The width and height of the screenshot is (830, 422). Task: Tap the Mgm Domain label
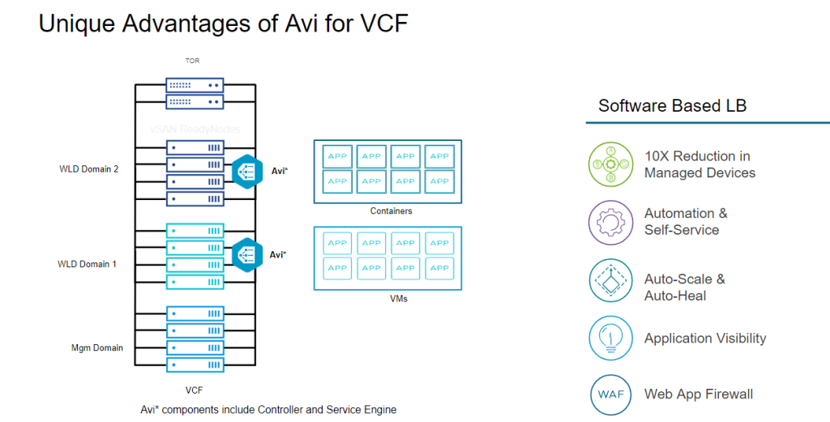[97, 347]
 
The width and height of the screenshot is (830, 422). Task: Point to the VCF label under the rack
[195, 390]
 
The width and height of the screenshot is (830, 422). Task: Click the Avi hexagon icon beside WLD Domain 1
[246, 254]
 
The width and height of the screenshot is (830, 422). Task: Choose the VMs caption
[387, 298]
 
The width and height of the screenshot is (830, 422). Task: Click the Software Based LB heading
[672, 106]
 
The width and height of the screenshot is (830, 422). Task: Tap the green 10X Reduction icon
[610, 164]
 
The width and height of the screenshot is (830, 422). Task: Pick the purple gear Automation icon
[610, 222]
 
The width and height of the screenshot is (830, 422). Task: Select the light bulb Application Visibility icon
[610, 339]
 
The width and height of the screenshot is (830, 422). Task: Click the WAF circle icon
[610, 395]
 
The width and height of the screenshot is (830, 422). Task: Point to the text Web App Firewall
[698, 394]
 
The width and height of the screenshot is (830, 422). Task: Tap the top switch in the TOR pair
[195, 84]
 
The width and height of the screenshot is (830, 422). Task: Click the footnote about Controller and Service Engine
[268, 409]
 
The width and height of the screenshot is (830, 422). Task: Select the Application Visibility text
[704, 339]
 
